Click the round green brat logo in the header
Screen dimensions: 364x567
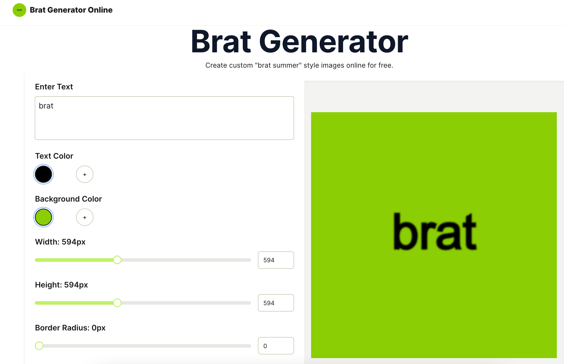[19, 10]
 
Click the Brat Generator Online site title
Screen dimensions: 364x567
[71, 10]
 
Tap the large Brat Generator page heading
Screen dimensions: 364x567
[299, 42]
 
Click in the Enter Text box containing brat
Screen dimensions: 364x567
[164, 118]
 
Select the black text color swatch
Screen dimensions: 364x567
[43, 174]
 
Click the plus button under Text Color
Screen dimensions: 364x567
[85, 174]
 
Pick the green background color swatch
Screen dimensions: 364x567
[43, 217]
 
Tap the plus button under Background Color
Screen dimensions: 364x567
[85, 217]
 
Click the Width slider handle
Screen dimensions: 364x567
[117, 260]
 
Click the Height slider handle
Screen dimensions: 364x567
[117, 303]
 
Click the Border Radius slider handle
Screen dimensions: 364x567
[39, 346]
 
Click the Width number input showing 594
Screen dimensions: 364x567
[276, 260]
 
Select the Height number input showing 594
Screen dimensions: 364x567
[276, 303]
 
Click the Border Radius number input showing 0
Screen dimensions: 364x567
[276, 346]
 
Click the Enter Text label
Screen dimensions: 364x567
[54, 87]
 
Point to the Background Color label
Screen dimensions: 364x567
[68, 199]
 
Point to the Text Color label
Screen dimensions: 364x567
[54, 156]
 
